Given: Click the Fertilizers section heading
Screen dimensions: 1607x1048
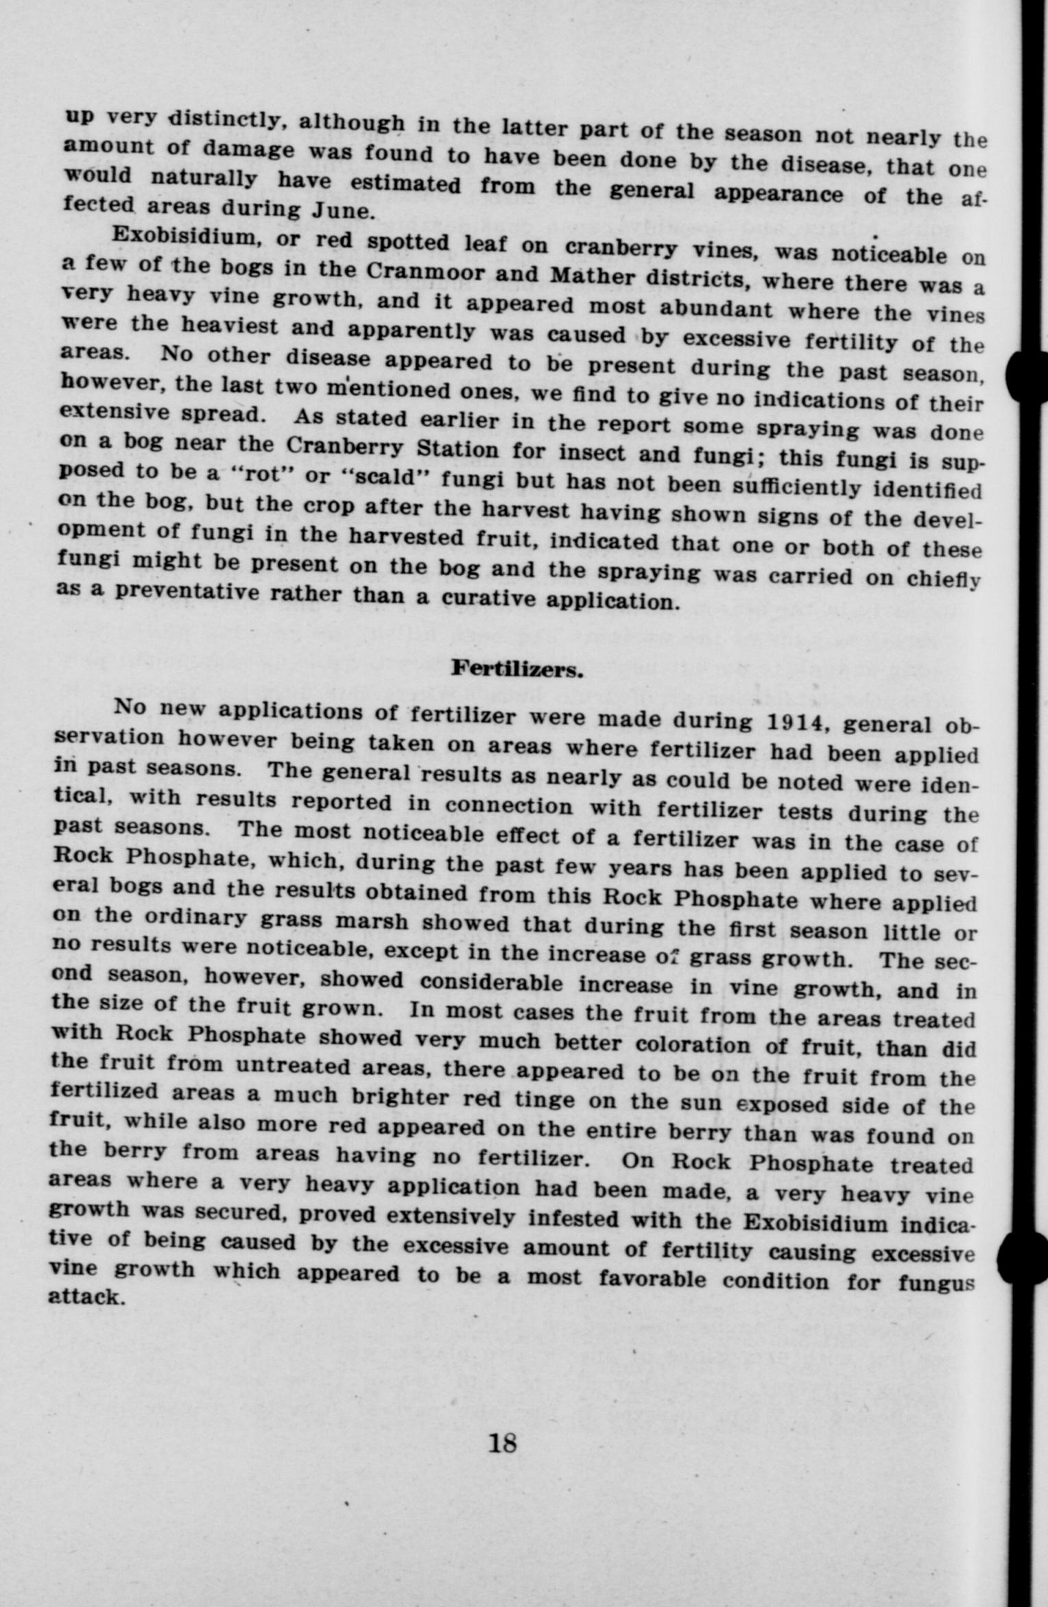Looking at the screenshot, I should [516, 668].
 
